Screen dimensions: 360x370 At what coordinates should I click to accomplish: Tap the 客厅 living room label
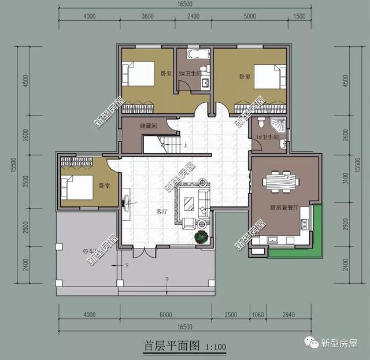click(161, 212)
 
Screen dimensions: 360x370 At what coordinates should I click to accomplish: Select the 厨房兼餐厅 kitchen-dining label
click(284, 207)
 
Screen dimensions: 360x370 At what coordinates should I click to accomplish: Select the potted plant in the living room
click(202, 236)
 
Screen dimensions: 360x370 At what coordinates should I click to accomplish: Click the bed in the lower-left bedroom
click(77, 187)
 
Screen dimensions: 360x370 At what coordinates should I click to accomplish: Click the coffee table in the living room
click(189, 203)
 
